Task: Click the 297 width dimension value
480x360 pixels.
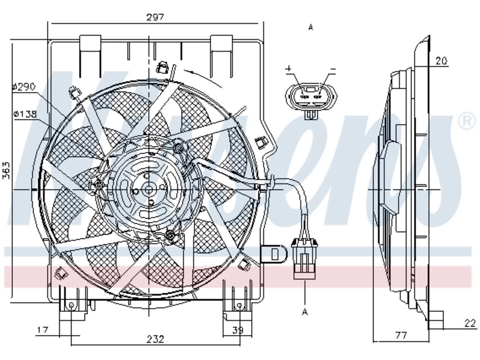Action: coord(155,17)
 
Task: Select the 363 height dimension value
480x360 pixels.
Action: coord(6,170)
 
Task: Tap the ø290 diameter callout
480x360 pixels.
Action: coord(24,87)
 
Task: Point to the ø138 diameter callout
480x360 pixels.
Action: coord(25,114)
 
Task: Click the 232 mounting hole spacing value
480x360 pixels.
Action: coord(156,339)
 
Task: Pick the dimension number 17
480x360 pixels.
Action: coord(43,330)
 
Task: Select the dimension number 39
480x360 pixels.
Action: coord(238,330)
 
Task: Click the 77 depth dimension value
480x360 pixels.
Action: coord(401,335)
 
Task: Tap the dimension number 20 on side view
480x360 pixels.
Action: coord(441,61)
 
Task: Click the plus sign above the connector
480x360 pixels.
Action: coord(289,69)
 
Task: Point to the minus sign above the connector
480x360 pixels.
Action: coord(333,69)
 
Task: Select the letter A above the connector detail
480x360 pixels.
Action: coord(311,27)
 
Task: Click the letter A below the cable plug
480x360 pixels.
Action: coord(305,312)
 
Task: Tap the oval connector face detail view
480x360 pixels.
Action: coord(311,96)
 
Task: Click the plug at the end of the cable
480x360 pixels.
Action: coord(304,259)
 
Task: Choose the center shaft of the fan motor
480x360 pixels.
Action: coord(149,189)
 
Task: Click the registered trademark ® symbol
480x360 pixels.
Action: coord(466,121)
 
